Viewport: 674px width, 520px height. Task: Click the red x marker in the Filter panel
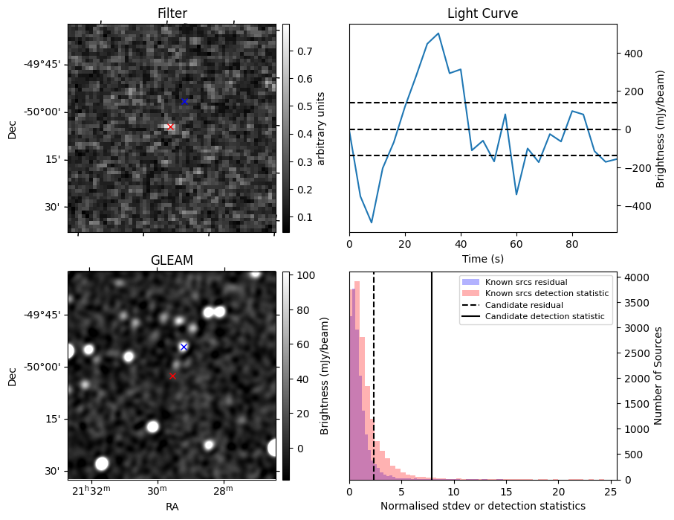(x=170, y=127)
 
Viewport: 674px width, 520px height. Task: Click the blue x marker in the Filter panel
(x=184, y=101)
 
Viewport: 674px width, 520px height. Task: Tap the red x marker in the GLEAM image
(x=172, y=376)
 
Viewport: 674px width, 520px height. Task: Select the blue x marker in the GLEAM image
(x=184, y=347)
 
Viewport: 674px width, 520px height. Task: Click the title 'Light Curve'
(x=482, y=13)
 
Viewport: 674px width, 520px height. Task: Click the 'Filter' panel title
(x=172, y=13)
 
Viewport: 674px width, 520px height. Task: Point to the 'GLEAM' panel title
(x=172, y=260)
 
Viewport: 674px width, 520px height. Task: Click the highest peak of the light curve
(x=438, y=33)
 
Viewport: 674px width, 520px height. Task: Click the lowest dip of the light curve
(x=372, y=222)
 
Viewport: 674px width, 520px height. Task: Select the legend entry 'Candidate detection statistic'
(x=545, y=318)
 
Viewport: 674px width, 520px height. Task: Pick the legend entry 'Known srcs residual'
(x=526, y=282)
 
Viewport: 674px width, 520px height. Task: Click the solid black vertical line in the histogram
(x=432, y=387)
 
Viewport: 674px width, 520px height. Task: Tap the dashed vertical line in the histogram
(x=374, y=387)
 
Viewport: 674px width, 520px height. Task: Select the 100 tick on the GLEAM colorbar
(x=305, y=275)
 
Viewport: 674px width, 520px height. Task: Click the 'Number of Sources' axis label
(x=658, y=376)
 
